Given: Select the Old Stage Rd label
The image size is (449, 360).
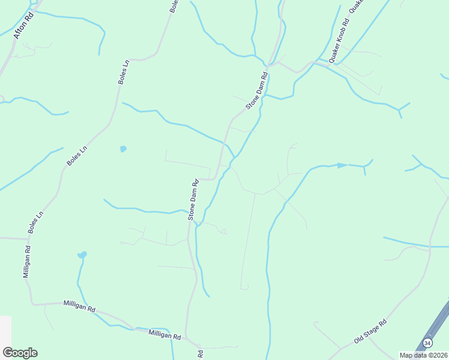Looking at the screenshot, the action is (x=370, y=331).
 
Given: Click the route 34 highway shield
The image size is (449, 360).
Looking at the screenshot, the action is (x=427, y=343).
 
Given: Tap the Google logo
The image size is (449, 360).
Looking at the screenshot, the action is (x=20, y=352).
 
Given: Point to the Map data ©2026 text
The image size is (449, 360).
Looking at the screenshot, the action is (x=423, y=355).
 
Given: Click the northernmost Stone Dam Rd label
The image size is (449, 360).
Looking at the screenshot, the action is (x=256, y=91).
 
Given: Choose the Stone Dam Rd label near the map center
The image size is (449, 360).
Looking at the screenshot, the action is (x=193, y=200).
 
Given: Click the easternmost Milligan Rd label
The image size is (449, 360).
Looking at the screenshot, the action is (x=164, y=337).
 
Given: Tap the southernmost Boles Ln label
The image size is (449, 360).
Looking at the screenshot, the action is (x=35, y=223).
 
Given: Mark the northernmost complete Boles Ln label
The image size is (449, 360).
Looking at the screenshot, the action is (x=124, y=71).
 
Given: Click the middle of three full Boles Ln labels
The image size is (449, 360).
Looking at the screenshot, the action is (x=77, y=155).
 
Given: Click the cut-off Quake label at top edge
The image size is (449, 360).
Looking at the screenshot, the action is (x=357, y=5).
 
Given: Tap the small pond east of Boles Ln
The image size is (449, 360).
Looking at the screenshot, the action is (x=123, y=148).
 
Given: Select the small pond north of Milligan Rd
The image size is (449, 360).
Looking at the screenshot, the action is (x=82, y=255).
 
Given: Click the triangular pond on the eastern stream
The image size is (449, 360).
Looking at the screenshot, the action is (x=342, y=165).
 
